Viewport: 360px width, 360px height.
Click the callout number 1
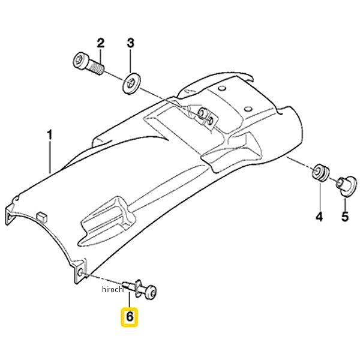tap(50, 135)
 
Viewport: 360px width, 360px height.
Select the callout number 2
tap(101, 43)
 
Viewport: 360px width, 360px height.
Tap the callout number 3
tap(130, 43)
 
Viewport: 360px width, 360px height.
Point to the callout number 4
tap(319, 217)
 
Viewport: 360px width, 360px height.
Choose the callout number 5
tap(345, 217)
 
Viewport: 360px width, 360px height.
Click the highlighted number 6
tap(130, 317)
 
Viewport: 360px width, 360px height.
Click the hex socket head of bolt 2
tap(80, 61)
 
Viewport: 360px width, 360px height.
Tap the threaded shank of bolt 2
tap(96, 67)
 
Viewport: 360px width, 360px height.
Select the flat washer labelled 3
tap(131, 83)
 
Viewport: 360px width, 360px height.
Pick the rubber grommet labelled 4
tap(320, 172)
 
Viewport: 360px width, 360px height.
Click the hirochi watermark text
tap(113, 290)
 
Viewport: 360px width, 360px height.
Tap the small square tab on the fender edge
tap(41, 217)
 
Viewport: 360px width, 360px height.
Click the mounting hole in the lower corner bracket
tap(80, 273)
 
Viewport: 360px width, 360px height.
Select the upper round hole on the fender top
tap(222, 88)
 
